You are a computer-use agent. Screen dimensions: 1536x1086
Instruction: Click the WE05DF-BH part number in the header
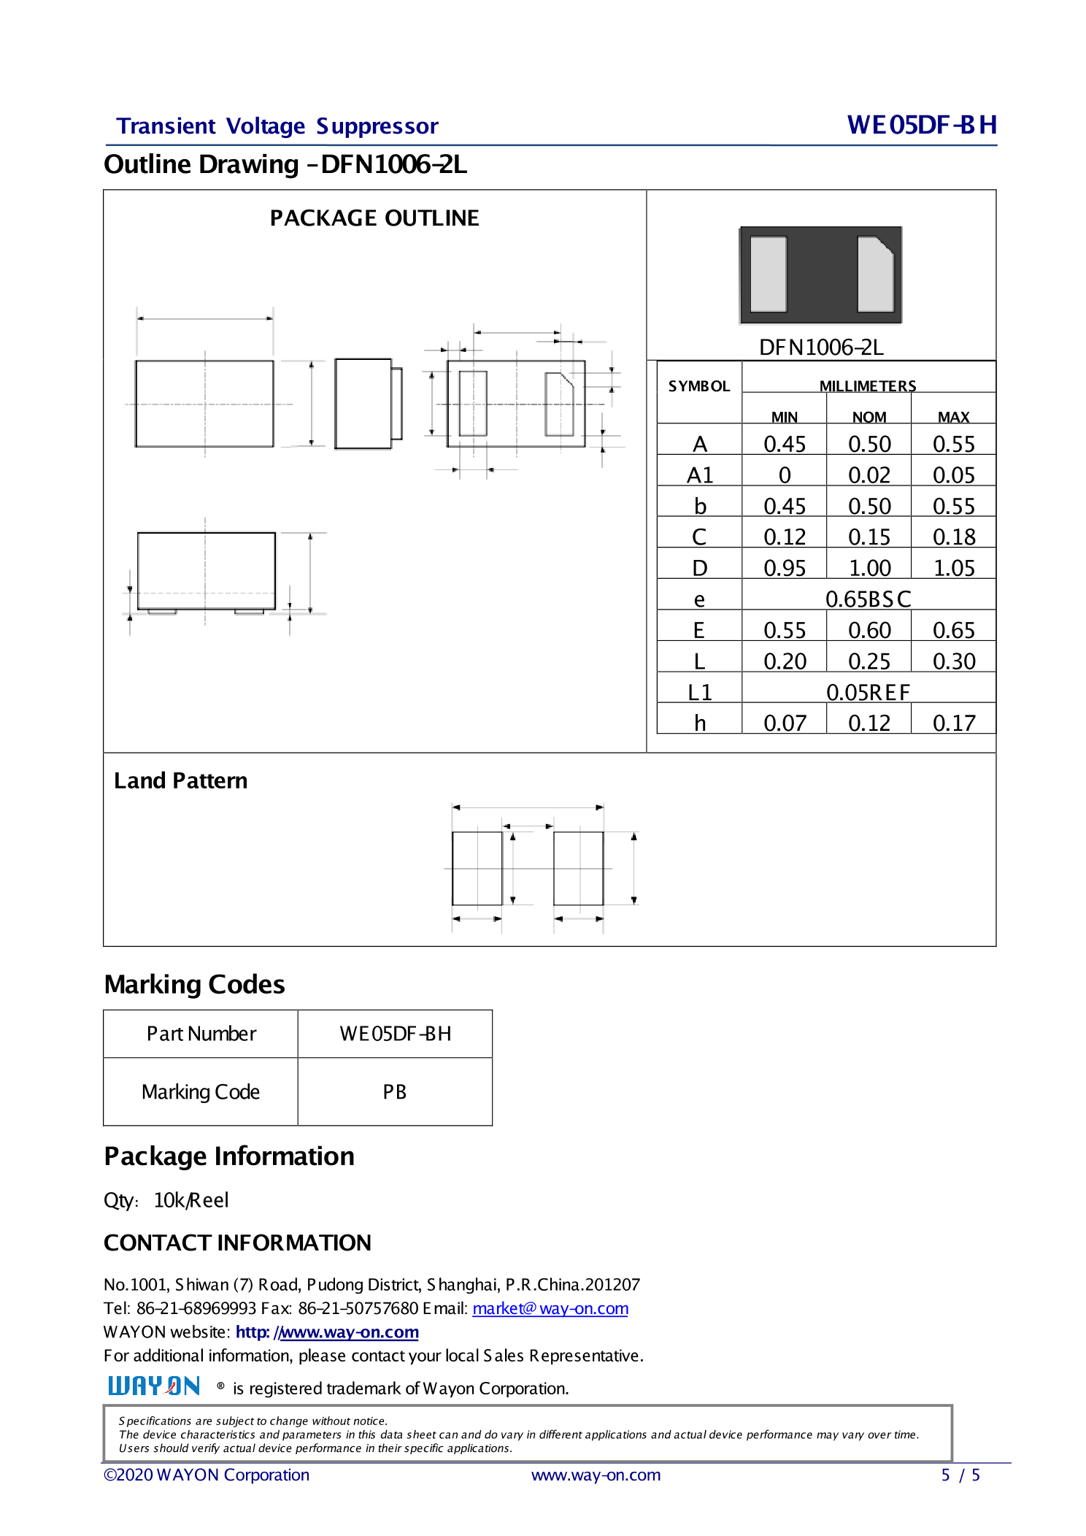tap(921, 126)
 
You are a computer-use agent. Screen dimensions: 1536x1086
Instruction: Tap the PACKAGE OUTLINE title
tap(374, 218)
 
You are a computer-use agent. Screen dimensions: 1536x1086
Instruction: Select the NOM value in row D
tap(869, 568)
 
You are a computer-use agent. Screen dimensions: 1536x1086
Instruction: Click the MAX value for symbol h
tap(953, 723)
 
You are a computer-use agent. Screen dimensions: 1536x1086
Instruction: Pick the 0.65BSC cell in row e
tap(868, 599)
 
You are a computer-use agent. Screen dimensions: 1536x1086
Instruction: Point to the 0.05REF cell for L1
tap(868, 692)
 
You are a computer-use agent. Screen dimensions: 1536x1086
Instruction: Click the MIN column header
tap(784, 417)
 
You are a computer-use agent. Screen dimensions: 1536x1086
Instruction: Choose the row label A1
tap(699, 475)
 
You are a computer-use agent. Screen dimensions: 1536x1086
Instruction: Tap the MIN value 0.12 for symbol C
tap(784, 537)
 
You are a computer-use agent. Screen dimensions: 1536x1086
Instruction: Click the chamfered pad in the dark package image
tap(875, 274)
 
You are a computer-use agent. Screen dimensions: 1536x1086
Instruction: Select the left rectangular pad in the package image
tap(769, 274)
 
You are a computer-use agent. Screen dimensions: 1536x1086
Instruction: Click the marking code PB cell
tap(395, 1092)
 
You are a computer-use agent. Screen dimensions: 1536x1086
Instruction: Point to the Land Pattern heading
tap(180, 781)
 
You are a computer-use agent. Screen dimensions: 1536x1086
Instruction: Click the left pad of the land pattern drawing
tap(477, 868)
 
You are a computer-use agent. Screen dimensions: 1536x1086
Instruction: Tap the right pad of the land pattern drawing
tap(579, 868)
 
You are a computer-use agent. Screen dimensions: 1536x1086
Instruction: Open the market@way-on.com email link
tap(550, 1308)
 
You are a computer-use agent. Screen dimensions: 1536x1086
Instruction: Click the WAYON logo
tap(154, 1386)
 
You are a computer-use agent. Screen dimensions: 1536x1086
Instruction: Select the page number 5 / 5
tap(960, 1475)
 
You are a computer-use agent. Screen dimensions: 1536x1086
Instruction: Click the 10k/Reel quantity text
tap(191, 1201)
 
